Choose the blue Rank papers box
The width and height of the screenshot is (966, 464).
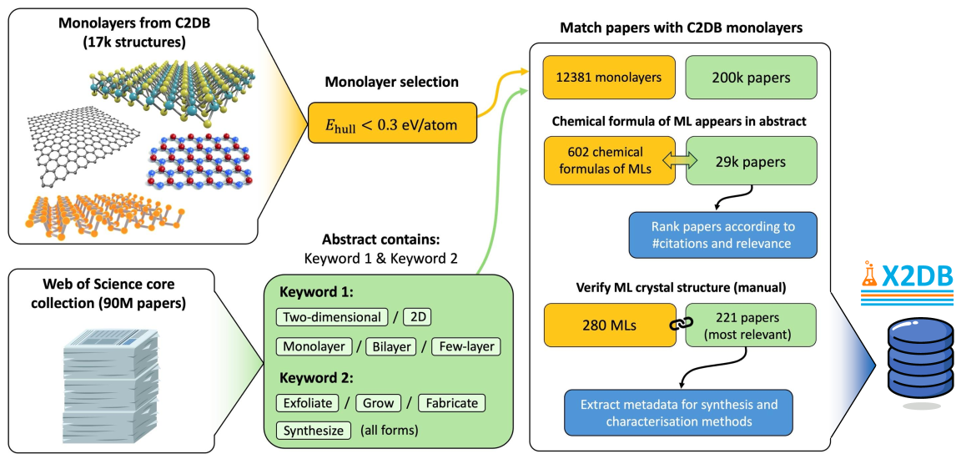(722, 235)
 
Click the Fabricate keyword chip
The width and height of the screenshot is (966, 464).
(451, 403)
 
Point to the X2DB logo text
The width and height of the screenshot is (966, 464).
(916, 274)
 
